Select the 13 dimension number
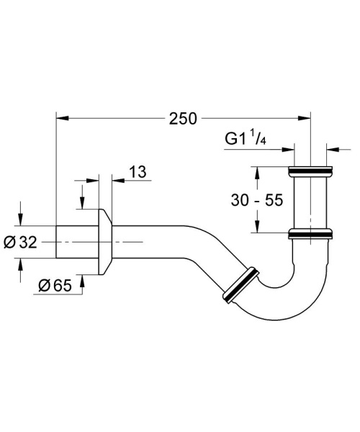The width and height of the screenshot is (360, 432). tap(138, 171)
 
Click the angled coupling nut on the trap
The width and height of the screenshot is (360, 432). tap(239, 286)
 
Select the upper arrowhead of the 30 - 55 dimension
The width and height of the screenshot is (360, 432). tap(256, 171)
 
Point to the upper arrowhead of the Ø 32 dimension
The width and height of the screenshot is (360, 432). tap(19, 220)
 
